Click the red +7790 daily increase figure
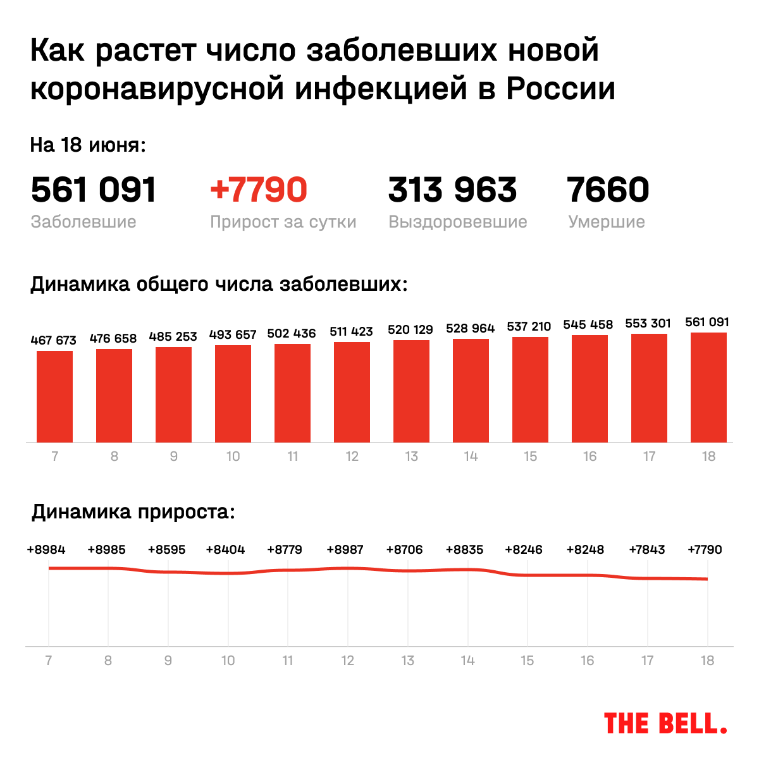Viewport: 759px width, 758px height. click(x=259, y=190)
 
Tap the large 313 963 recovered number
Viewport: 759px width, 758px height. click(x=452, y=190)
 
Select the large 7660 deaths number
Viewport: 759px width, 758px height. click(x=608, y=190)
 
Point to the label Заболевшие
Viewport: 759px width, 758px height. click(x=83, y=222)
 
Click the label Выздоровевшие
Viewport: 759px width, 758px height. click(x=457, y=222)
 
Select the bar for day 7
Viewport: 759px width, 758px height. click(x=54, y=396)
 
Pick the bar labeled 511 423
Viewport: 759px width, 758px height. click(x=352, y=392)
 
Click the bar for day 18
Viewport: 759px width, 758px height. click(x=708, y=388)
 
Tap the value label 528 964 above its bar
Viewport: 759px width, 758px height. click(x=470, y=328)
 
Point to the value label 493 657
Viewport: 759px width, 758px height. click(x=233, y=334)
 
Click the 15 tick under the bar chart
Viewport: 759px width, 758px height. click(x=530, y=456)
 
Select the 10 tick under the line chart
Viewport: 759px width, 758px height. click(x=228, y=661)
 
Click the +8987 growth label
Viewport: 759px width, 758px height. click(x=345, y=549)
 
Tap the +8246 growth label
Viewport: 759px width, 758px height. click(x=524, y=549)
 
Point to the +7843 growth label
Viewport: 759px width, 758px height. click(x=646, y=549)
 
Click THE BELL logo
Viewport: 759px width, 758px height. click(x=665, y=723)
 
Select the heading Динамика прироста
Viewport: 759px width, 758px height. click(x=133, y=511)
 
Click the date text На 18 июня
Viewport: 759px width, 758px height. click(x=88, y=145)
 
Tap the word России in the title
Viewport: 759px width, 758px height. click(x=560, y=89)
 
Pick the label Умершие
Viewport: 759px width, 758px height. click(x=606, y=222)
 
